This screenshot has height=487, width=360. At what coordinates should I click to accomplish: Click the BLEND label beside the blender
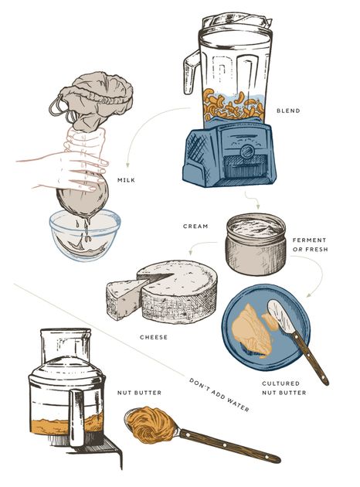tap(288, 111)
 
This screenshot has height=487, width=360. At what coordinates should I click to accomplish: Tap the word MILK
tap(127, 180)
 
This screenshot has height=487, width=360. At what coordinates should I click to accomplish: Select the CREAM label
tap(195, 226)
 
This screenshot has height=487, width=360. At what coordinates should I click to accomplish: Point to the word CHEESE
tap(154, 337)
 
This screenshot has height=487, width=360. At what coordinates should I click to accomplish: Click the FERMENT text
tap(310, 240)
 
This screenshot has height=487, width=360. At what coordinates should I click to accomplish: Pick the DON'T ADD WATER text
tap(219, 395)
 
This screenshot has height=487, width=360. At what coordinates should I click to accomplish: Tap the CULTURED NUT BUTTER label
tap(284, 388)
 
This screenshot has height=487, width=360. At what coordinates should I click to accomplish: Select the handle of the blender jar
tap(190, 72)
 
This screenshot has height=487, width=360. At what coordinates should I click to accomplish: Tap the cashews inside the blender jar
tap(234, 104)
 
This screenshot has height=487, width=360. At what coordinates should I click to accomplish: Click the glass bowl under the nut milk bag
tap(85, 233)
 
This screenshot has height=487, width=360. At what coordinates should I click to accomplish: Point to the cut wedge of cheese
tap(124, 299)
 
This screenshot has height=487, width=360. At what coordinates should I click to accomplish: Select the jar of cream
tap(256, 244)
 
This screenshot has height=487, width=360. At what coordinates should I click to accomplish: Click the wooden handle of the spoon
tap(229, 446)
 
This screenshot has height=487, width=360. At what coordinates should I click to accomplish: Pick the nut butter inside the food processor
tap(66, 425)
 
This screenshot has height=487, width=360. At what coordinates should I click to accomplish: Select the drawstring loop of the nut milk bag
tap(59, 107)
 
